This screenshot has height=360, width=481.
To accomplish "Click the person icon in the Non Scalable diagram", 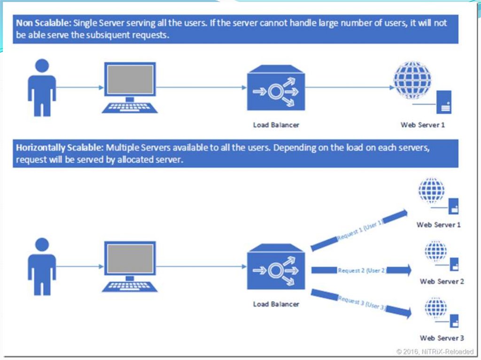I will coord(42,87).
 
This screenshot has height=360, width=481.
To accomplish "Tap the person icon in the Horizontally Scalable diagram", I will coord(42,266).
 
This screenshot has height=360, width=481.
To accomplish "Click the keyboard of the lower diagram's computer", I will coord(129,286).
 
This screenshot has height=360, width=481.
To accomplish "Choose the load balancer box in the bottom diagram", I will coord(276,269).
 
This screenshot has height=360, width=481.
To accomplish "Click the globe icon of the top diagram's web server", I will coord(411,79).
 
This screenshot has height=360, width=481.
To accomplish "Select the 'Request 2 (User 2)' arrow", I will coord(361,270).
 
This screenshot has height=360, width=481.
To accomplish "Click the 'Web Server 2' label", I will coord(442,282).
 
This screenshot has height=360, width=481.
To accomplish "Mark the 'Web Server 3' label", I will coord(442,338).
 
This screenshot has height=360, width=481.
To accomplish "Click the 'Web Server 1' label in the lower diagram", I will coord(439,225).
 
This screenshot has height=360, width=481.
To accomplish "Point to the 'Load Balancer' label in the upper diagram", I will coord(276,125).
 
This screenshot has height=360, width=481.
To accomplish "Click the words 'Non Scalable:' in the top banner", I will coord(44,23).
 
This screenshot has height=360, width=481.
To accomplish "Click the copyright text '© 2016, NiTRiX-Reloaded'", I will coord(435,351).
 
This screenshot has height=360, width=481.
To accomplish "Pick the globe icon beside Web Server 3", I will coord(435,308).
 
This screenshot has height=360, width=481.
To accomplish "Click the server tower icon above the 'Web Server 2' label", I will coord(454,264).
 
